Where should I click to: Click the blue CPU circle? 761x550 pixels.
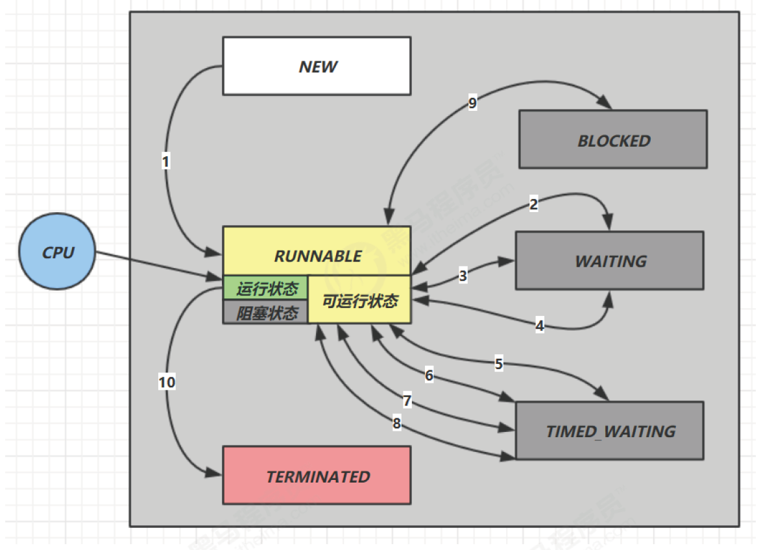[x=57, y=252]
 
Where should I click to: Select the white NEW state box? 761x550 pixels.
[x=317, y=66]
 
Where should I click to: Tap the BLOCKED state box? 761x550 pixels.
[x=613, y=139]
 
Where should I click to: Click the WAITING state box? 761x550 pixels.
[x=610, y=261]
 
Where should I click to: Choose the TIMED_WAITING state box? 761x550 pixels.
[x=610, y=431]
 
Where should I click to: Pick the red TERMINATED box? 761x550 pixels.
[x=317, y=476]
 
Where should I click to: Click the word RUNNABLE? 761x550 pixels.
[x=318, y=256]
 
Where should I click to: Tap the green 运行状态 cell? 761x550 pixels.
[x=265, y=288]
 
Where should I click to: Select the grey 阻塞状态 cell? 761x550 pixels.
[x=265, y=312]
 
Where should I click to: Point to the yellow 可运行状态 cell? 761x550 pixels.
[x=359, y=300]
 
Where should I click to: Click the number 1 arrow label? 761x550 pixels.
[x=165, y=161]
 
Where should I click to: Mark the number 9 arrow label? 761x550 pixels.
[x=472, y=103]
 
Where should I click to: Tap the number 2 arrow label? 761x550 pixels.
[x=533, y=204]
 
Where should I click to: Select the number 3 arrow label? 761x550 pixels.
[x=463, y=276]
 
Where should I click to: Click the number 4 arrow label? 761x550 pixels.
[x=539, y=325]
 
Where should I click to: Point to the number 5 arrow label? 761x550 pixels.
[x=498, y=363]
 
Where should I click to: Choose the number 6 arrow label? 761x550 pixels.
[x=429, y=375]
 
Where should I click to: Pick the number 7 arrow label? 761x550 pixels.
[x=407, y=401]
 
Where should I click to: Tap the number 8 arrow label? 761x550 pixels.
[x=396, y=424]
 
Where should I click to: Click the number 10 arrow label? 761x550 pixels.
[x=167, y=382]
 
